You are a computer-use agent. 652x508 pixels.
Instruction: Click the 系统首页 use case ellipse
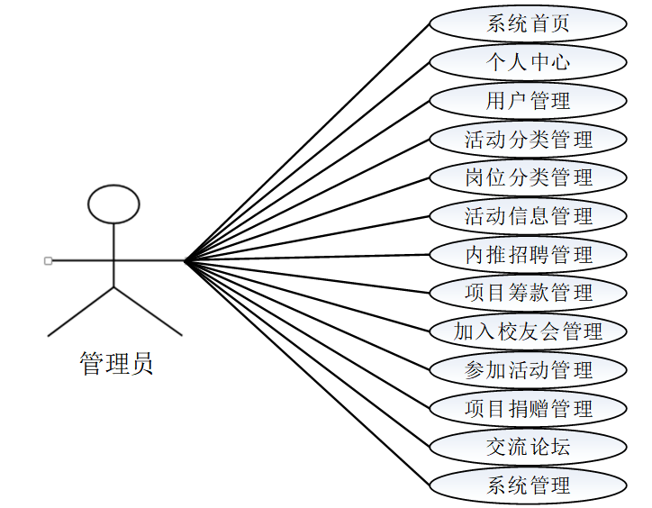[528, 23]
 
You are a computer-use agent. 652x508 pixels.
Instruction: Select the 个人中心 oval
[528, 62]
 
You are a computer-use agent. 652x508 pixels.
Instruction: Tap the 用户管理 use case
[528, 100]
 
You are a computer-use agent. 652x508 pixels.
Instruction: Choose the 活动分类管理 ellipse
[528, 139]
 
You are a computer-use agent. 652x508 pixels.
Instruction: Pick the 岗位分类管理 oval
[528, 177]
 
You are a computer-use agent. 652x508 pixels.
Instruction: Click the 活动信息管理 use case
[528, 215]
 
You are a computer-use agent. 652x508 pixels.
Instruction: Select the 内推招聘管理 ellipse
[528, 254]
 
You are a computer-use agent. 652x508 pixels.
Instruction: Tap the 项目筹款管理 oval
[528, 292]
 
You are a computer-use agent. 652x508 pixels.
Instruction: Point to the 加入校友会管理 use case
[528, 331]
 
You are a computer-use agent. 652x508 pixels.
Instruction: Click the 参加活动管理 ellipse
[528, 369]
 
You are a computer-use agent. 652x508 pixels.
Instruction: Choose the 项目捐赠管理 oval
[528, 408]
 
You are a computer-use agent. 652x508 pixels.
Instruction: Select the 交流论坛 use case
[528, 446]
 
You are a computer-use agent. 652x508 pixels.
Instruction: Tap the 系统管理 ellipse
[528, 485]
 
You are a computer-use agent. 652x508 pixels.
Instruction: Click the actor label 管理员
[116, 363]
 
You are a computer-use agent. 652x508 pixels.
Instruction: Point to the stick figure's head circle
[113, 204]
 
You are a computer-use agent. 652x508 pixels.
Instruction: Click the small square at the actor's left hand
[48, 261]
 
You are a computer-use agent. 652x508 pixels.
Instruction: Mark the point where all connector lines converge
[185, 261]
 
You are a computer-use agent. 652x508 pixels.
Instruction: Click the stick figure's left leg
[81, 312]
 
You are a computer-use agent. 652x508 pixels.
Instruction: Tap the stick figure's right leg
[148, 312]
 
